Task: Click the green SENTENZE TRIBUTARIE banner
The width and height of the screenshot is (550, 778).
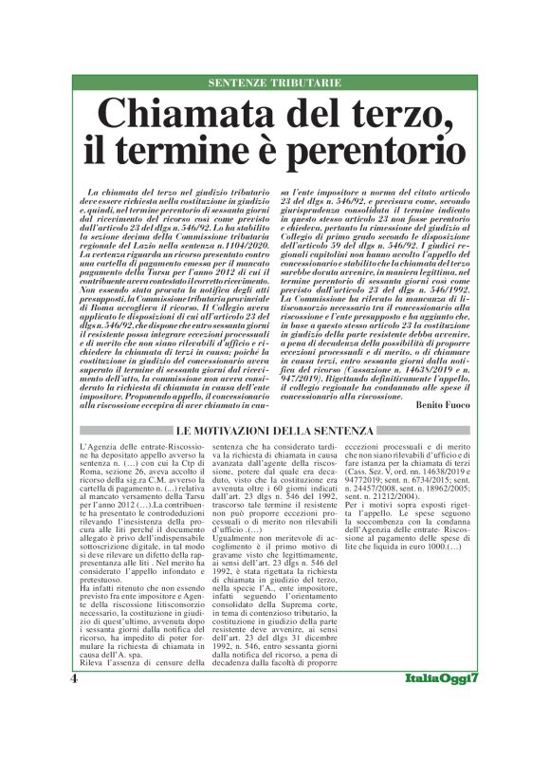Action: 275,83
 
